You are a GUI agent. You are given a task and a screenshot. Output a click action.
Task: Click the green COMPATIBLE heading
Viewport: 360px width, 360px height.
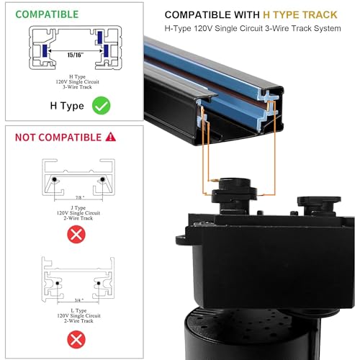47,14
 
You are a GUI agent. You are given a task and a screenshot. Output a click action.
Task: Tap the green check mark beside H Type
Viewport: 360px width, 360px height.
102,105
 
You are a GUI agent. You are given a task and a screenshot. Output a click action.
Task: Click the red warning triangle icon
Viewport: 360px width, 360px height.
111,137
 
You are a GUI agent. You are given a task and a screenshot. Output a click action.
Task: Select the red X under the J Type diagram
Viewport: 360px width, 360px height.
76,234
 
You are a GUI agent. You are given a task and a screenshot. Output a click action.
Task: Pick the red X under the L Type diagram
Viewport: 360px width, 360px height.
76,339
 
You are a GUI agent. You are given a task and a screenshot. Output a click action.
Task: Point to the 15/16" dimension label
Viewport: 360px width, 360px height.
76,55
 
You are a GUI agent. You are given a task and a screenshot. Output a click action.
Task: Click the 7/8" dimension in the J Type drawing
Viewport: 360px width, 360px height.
80,197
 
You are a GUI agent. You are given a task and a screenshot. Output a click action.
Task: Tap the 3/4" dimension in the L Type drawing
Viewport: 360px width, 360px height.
79,300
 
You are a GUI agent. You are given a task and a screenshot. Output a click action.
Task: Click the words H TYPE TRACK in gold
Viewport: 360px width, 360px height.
300,15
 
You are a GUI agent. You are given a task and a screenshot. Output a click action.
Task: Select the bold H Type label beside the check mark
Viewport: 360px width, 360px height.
67,106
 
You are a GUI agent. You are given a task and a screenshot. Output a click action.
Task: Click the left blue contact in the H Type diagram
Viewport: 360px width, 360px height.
45,51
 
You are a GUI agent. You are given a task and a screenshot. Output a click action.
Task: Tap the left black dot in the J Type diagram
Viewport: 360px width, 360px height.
55,179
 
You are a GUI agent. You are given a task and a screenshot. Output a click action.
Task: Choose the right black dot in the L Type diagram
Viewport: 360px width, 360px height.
99,283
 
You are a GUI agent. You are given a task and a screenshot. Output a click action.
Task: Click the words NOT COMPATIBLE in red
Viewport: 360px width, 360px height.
58,138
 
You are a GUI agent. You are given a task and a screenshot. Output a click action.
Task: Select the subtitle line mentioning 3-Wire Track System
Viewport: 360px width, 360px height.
253,28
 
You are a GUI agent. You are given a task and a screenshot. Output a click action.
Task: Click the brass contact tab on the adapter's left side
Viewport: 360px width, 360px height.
213,180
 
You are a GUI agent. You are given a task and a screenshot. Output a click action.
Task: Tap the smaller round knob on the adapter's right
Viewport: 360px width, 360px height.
319,205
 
